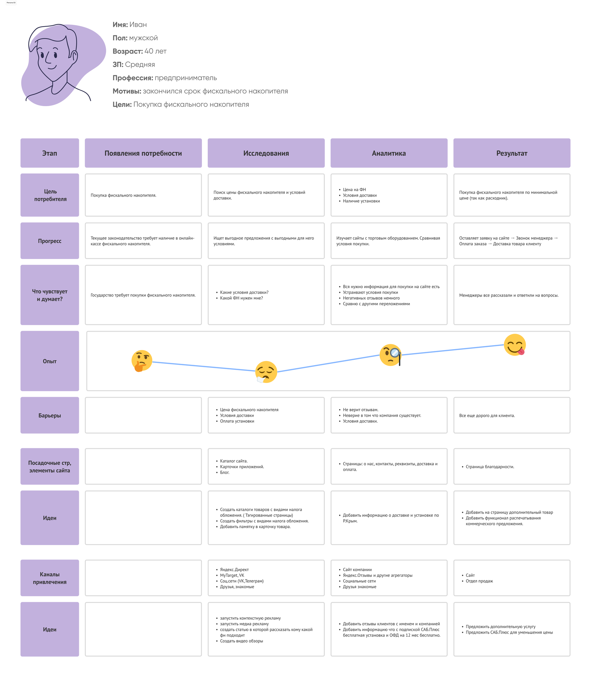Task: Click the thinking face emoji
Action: click(x=142, y=360)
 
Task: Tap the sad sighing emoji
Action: click(x=266, y=372)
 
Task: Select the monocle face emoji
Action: click(x=391, y=355)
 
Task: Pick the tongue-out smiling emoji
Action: click(x=515, y=345)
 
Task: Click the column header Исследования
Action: click(x=266, y=153)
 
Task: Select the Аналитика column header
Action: click(x=389, y=153)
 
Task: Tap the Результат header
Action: click(x=512, y=153)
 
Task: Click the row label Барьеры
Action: click(x=50, y=415)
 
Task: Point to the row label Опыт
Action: click(x=50, y=361)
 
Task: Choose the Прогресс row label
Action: click(x=50, y=241)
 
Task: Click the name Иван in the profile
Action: click(x=138, y=25)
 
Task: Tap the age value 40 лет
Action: click(x=155, y=51)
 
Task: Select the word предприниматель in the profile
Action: click(x=186, y=78)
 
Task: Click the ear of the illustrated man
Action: click(x=75, y=57)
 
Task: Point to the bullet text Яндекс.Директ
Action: click(x=234, y=570)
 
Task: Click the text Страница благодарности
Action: click(x=490, y=467)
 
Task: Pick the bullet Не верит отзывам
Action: click(x=360, y=410)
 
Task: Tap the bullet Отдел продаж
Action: click(x=479, y=581)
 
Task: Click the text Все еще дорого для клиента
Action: click(x=487, y=416)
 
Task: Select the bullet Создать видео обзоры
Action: click(x=241, y=641)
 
